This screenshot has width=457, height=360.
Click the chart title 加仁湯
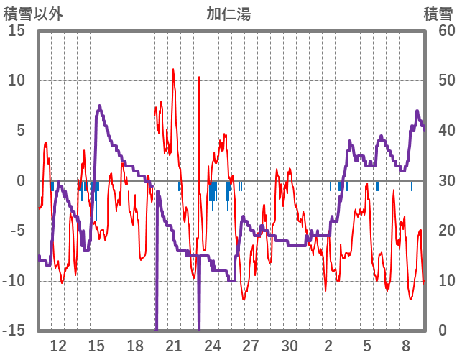coord(228,14)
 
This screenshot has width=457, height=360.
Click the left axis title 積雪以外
coord(33,14)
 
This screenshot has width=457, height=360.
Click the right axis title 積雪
coord(438,14)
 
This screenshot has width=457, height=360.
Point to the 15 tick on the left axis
coord(17,31)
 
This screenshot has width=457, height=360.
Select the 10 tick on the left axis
coord(17,80)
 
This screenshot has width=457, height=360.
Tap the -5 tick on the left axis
coord(17,231)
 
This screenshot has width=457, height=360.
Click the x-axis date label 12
coord(58,346)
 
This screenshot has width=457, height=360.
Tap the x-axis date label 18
coord(135,346)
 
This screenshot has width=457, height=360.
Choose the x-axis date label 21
coord(174,346)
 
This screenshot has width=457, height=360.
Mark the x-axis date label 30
coord(290,346)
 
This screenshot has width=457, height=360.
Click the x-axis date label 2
coord(328,346)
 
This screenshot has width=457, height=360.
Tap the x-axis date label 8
coord(405,346)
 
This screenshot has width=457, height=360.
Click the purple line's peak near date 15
coord(99,106)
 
